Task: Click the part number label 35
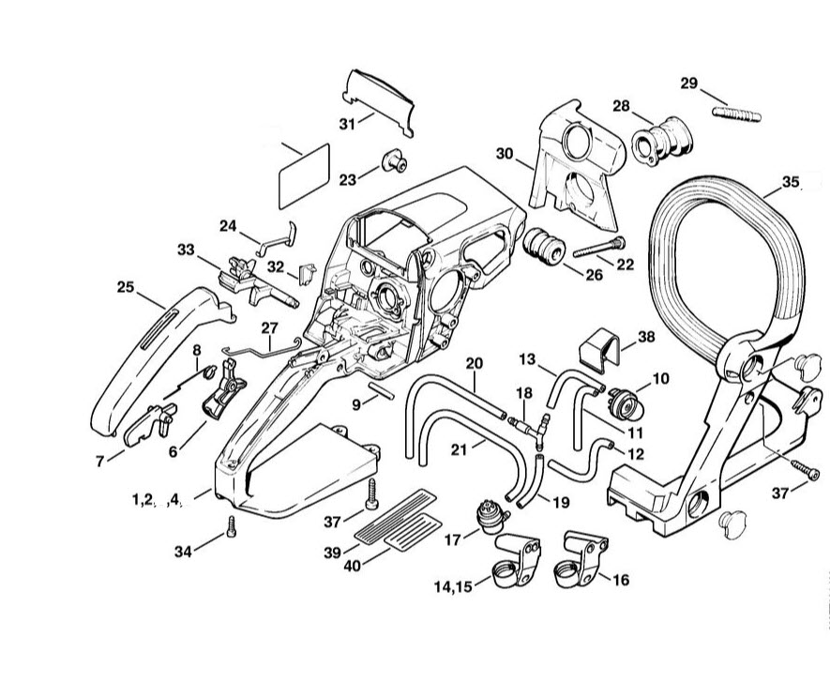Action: [x=791, y=182]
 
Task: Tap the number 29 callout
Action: [x=689, y=83]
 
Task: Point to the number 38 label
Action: [x=645, y=337]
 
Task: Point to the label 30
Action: [x=506, y=153]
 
